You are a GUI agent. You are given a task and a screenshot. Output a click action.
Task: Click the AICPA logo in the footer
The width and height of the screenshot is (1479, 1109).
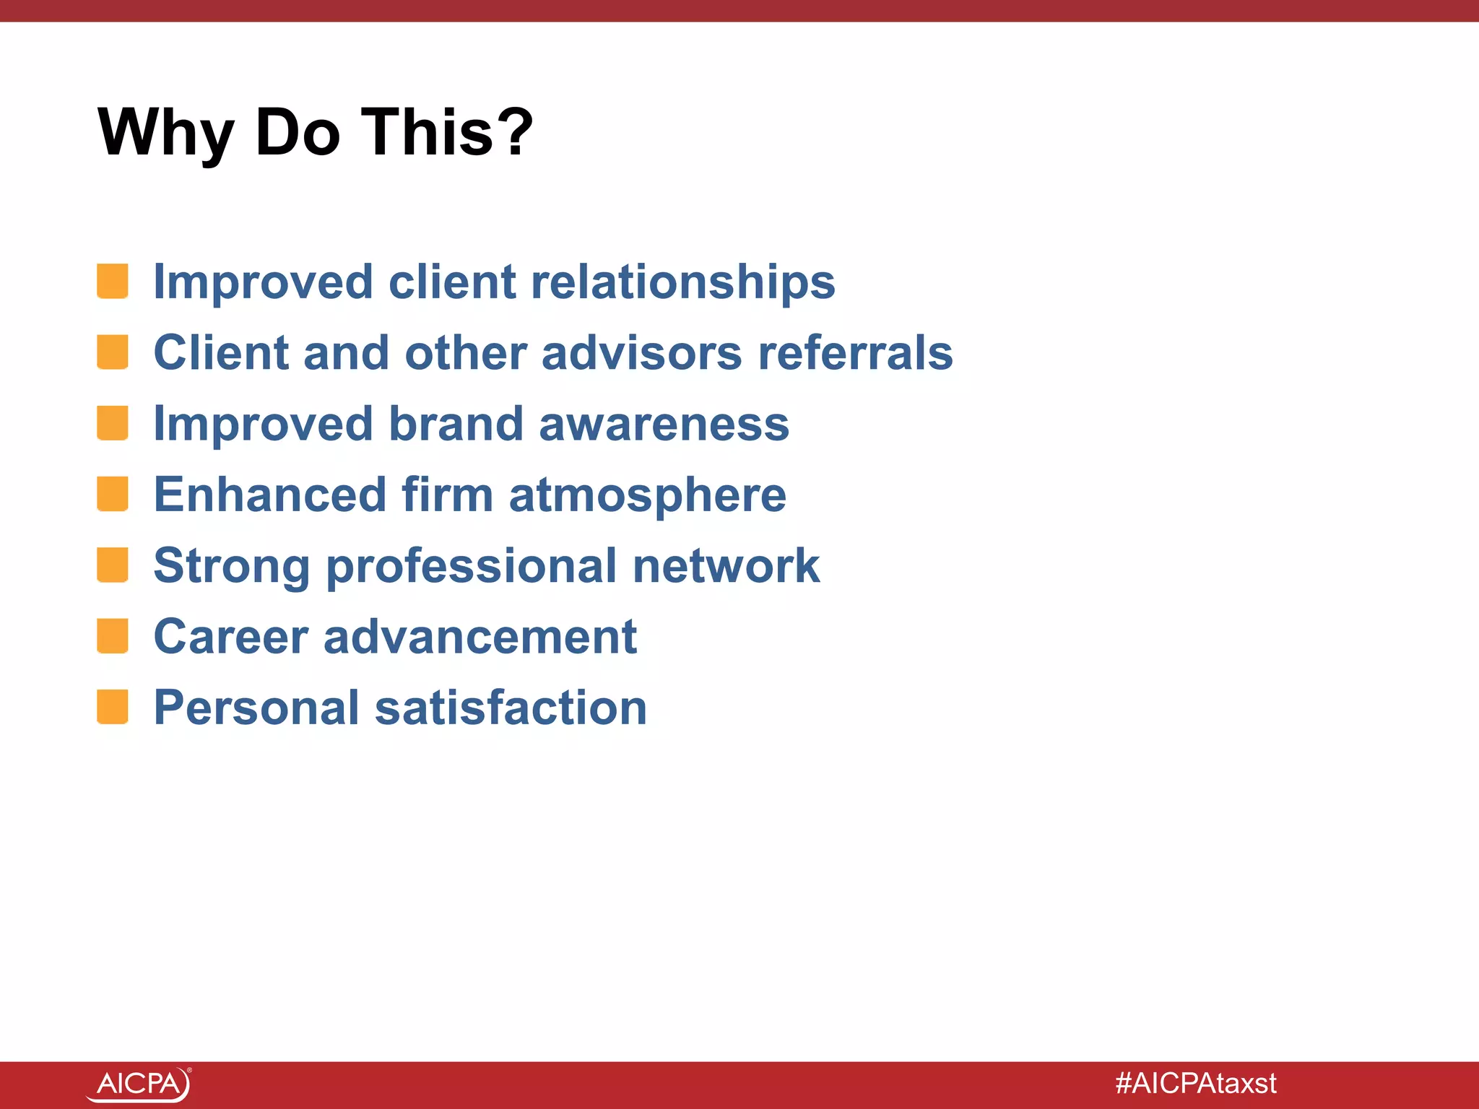(x=139, y=1084)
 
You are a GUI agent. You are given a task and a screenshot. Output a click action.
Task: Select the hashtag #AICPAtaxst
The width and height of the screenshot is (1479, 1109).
(x=1196, y=1084)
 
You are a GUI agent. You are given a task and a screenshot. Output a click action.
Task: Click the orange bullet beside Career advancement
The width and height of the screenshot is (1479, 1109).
(x=113, y=636)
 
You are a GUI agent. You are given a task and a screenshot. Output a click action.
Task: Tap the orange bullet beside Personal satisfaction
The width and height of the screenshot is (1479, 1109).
(x=113, y=707)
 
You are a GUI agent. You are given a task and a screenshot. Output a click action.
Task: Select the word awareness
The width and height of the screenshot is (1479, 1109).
(x=664, y=424)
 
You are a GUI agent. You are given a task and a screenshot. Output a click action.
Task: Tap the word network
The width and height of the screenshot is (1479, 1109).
(x=726, y=565)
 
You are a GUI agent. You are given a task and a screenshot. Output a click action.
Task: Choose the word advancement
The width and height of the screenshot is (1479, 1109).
(x=480, y=637)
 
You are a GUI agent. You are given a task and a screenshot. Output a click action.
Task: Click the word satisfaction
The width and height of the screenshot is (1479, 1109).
(x=511, y=708)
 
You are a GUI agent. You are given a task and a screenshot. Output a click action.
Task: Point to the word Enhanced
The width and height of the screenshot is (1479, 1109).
(x=270, y=495)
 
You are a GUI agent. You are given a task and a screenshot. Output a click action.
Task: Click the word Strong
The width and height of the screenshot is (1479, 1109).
(x=232, y=567)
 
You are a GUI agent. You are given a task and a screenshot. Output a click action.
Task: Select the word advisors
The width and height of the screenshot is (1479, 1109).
(x=641, y=353)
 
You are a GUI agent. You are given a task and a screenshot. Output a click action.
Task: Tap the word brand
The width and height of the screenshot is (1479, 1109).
(x=456, y=424)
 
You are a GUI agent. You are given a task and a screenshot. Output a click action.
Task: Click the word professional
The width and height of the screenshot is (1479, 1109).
(x=472, y=567)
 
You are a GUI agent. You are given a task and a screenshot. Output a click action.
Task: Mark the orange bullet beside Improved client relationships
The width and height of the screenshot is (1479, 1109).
(x=113, y=282)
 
